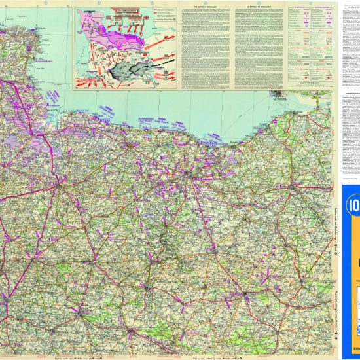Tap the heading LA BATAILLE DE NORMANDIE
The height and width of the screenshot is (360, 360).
pos(257,5)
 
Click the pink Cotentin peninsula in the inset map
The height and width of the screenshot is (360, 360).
pos(88,26)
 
